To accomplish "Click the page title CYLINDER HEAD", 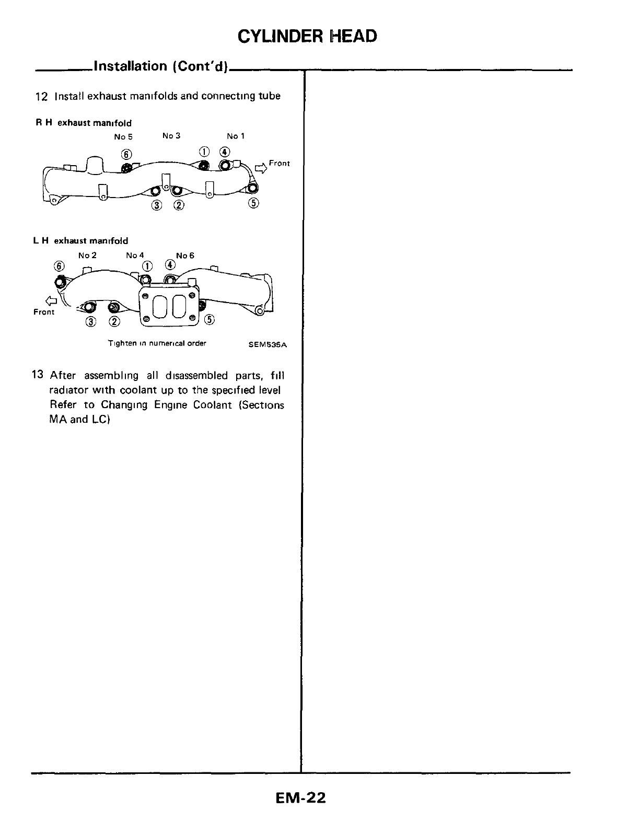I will pyautogui.click(x=307, y=36).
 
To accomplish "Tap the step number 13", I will pyautogui.click(x=37, y=375).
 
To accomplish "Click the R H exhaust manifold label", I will pyautogui.click(x=84, y=123).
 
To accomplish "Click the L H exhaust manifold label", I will pyautogui.click(x=80, y=241).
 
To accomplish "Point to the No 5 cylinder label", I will pyautogui.click(x=123, y=136).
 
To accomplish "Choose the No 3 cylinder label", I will pyautogui.click(x=171, y=136).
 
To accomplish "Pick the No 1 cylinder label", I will pyautogui.click(x=236, y=136).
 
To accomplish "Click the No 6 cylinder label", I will pyautogui.click(x=185, y=256).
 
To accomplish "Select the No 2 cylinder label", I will pyautogui.click(x=87, y=256).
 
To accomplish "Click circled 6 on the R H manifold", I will pyautogui.click(x=126, y=154).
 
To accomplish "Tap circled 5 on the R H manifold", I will pyautogui.click(x=253, y=204).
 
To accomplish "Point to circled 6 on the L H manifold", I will pyautogui.click(x=59, y=265).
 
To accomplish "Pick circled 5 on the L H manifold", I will pyautogui.click(x=210, y=320).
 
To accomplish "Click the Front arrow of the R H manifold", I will pyautogui.click(x=260, y=168).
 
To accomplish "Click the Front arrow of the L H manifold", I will pyautogui.click(x=50, y=300).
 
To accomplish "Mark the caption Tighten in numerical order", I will pyautogui.click(x=157, y=343).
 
